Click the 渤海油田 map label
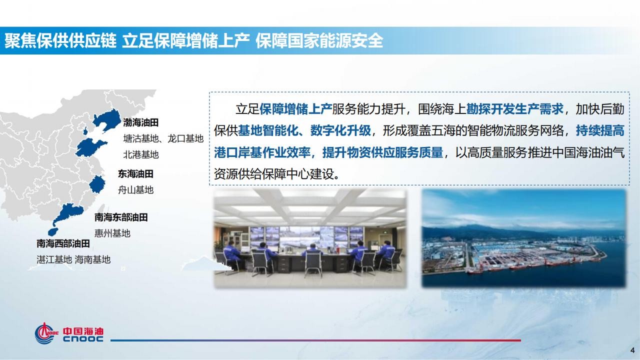pos(141,123)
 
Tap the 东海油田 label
pos(135,173)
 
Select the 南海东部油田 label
pos(121,217)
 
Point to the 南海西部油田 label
pos(63,243)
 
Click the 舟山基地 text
pos(135,190)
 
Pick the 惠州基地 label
pos(112,233)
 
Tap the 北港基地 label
pos(141,155)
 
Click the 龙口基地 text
pos(185,139)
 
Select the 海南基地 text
pos(92,259)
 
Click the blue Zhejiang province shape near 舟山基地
pos(97,184)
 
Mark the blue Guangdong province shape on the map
pos(68,213)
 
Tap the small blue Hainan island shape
pos(53,231)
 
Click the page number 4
pos(632,350)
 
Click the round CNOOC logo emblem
pos(45,333)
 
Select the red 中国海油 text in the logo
pos(83,331)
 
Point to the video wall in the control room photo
pos(306,237)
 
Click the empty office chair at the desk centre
pos(312,263)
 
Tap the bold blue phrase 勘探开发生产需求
pos(515,109)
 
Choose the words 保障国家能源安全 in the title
pos(319,41)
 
